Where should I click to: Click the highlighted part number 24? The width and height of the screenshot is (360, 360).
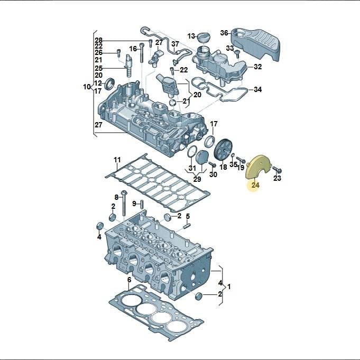click(255, 185)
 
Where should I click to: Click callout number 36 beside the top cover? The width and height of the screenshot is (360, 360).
click(224, 33)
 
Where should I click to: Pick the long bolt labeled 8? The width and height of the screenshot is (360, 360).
click(124, 203)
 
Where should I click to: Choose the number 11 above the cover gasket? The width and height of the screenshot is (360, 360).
click(117, 160)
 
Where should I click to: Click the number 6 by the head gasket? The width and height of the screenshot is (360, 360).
click(130, 280)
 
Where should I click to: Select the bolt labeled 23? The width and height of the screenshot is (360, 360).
click(278, 170)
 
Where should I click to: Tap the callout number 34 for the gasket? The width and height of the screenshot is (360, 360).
click(257, 89)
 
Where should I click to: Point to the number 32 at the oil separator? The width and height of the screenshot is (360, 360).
click(257, 67)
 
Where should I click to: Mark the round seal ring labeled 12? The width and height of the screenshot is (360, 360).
click(110, 84)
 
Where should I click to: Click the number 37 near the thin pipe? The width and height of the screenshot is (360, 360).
click(175, 44)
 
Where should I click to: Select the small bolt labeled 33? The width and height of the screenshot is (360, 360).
click(237, 54)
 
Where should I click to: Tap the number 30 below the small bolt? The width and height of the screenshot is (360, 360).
click(213, 174)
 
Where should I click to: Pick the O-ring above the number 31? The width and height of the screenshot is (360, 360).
click(192, 152)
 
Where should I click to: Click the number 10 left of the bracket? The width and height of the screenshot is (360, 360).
click(87, 87)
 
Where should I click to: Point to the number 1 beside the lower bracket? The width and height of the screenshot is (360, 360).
click(229, 287)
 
